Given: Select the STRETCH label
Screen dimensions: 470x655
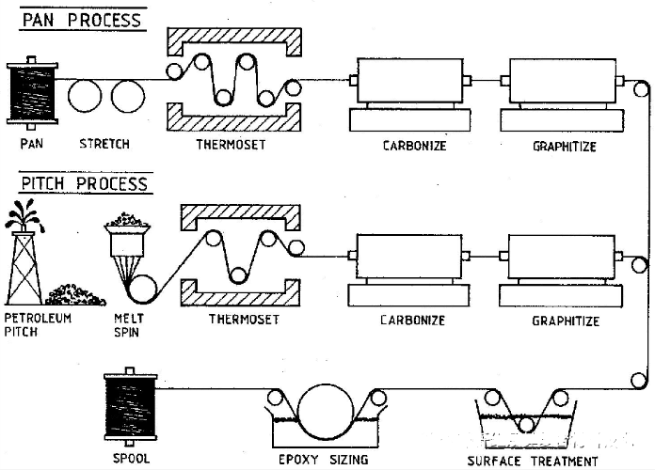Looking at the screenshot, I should pyautogui.click(x=105, y=145).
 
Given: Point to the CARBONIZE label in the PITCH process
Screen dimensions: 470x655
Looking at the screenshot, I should pyautogui.click(x=412, y=321).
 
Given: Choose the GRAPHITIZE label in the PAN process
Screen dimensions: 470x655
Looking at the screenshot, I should pyautogui.click(x=565, y=146).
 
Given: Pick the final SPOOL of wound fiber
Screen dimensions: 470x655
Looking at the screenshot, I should pyautogui.click(x=130, y=406).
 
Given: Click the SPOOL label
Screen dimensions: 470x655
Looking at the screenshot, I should pyautogui.click(x=131, y=460).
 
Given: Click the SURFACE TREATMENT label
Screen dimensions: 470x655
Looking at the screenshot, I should pyautogui.click(x=533, y=461).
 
